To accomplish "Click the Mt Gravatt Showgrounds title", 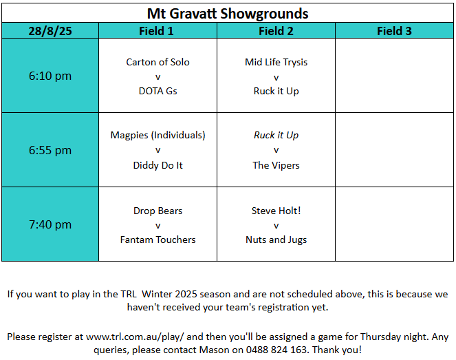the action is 228,14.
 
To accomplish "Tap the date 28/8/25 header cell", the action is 50,31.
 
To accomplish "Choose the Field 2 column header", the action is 276,31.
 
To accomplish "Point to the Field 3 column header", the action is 394,31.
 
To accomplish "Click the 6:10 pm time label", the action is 50,76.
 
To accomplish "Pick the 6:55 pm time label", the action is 50,150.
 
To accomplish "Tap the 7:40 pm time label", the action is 50,224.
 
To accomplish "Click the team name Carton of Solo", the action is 158,62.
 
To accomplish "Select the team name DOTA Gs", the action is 158,91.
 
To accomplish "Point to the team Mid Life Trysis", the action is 276,62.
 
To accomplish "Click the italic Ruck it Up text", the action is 276,136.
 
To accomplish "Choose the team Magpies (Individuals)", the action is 158,136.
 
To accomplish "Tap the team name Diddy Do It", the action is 158,165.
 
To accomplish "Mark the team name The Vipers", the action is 276,165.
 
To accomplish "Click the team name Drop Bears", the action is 158,211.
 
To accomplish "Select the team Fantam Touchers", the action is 158,240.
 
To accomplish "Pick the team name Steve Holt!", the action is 276,211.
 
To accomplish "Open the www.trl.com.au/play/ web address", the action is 135,337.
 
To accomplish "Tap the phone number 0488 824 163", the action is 276,350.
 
